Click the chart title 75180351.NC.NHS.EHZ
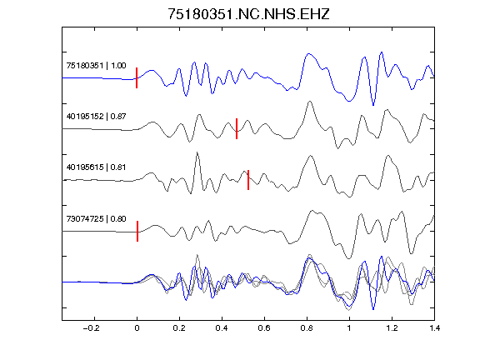248,14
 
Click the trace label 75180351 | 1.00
96,66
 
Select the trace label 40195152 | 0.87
96,117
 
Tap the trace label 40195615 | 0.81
96,167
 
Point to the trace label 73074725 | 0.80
96,218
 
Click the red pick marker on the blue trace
137,78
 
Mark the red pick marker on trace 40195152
237,129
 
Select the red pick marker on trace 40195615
248,180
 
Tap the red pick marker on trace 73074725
137,231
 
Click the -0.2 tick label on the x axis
91,328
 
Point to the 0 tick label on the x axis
137,328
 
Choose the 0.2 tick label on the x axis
179,328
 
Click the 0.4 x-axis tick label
222,328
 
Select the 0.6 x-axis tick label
264,328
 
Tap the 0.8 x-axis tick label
307,328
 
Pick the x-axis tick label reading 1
349,328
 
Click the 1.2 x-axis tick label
392,328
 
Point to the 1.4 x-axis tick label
434,328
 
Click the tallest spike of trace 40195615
197,152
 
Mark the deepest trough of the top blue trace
373,105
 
